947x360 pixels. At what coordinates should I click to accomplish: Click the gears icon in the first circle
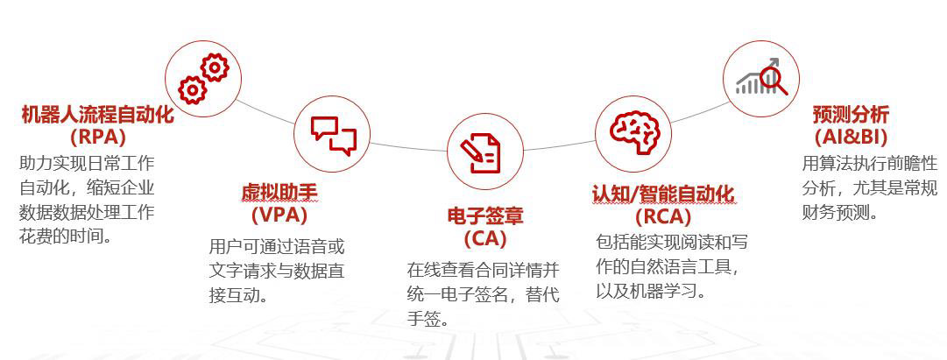203,79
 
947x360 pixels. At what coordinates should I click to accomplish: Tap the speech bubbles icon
334,135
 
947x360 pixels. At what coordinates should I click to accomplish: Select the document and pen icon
481,152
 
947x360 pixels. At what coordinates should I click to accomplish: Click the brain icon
634,131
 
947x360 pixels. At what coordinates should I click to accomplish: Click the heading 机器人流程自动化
98,114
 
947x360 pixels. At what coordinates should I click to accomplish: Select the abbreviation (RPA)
98,137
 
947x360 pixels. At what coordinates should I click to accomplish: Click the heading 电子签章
485,215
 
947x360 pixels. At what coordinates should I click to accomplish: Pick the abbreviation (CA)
485,238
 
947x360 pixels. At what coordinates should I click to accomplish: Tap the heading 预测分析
851,114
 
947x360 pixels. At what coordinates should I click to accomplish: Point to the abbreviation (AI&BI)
851,137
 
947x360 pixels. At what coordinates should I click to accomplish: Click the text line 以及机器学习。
651,291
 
